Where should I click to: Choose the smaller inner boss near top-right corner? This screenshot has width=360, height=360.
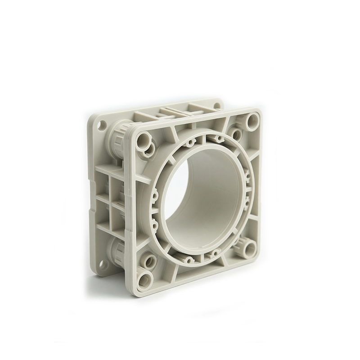pos(235,133)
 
